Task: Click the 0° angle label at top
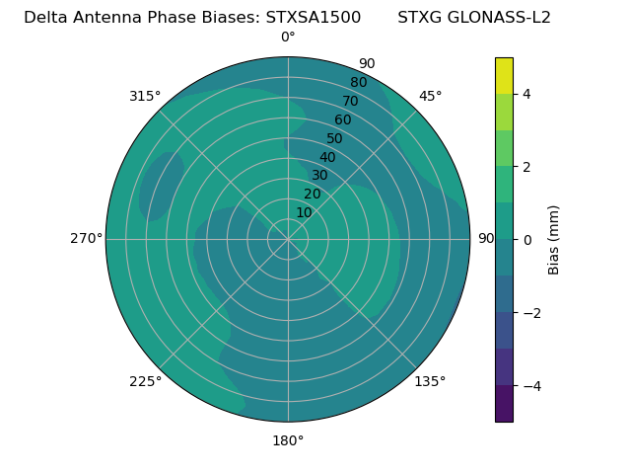pos(288,38)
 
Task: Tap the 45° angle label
pos(431,96)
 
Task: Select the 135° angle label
pos(430,381)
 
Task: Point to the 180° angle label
pos(288,440)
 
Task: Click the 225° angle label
pos(145,381)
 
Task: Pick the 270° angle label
pos(86,238)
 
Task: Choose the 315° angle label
pos(145,96)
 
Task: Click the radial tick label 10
pos(304,212)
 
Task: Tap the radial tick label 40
pos(327,157)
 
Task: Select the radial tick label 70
pos(350,101)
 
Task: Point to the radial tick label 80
pos(358,83)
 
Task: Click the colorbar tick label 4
pos(527,94)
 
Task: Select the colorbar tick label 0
pos(527,239)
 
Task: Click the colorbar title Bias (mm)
pos(554,240)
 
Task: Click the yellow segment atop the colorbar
pos(504,76)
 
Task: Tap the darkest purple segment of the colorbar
pos(504,403)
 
